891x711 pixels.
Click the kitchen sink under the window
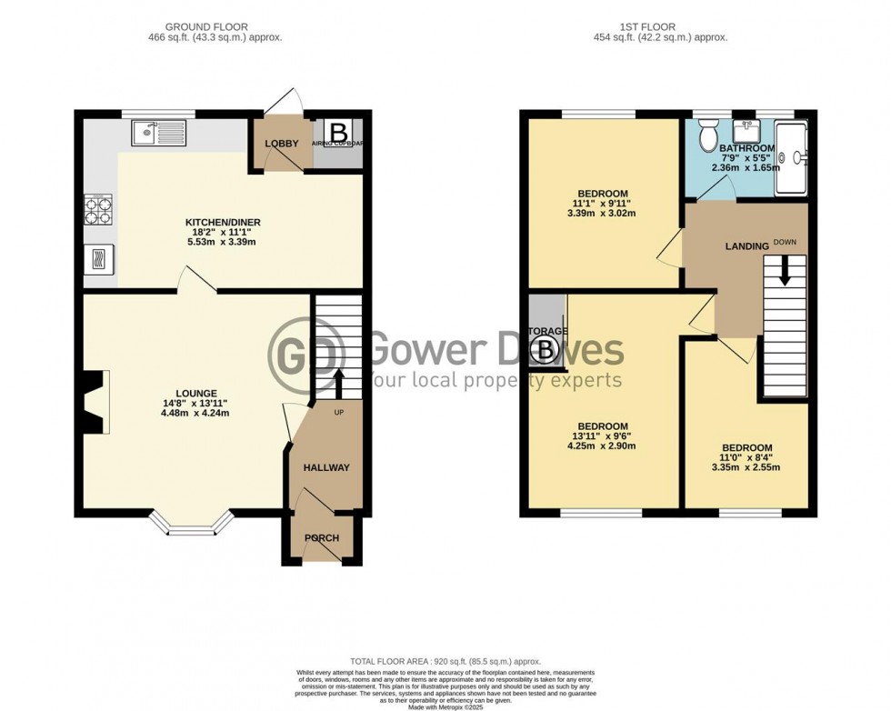click(x=158, y=135)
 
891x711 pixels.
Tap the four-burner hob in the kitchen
click(x=98, y=210)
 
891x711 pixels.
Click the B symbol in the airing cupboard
click(x=337, y=131)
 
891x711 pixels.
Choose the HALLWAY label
click(x=326, y=468)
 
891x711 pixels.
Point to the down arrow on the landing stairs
click(x=783, y=270)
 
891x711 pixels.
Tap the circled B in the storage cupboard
click(x=546, y=348)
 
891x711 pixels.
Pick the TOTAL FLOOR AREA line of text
click(x=445, y=660)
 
